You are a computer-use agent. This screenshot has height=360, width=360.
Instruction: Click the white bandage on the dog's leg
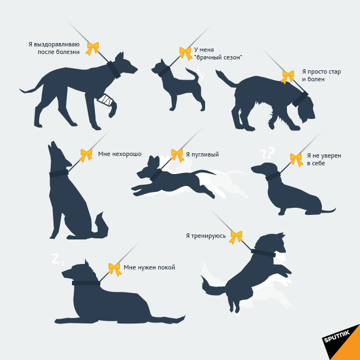click(x=106, y=100)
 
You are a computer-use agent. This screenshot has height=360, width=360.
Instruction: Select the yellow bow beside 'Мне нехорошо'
click(x=86, y=155)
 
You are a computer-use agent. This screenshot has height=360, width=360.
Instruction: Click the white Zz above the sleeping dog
click(x=58, y=260)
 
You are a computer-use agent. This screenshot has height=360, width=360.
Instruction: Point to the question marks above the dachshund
click(x=268, y=153)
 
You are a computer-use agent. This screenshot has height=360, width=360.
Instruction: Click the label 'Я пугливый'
click(x=202, y=154)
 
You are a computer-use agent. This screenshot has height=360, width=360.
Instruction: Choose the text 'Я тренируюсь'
click(x=206, y=236)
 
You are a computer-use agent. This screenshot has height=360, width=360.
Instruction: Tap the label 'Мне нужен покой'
click(x=149, y=267)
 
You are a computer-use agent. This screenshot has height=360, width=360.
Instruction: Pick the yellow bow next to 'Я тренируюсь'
click(x=236, y=237)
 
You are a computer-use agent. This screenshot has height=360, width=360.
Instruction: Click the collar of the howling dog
click(x=59, y=173)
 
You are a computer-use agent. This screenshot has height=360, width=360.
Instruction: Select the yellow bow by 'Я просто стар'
click(x=287, y=77)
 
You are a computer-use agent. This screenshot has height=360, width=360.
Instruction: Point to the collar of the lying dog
click(x=86, y=283)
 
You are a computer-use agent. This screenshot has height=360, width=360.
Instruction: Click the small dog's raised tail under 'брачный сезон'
click(x=193, y=74)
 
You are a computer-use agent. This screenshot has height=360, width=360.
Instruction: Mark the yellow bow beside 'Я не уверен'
click(x=296, y=160)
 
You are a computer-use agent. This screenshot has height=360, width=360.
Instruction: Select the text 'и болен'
click(x=314, y=80)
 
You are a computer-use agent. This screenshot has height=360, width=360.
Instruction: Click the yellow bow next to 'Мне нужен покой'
click(x=115, y=269)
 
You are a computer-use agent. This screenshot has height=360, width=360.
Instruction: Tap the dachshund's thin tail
click(x=329, y=210)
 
